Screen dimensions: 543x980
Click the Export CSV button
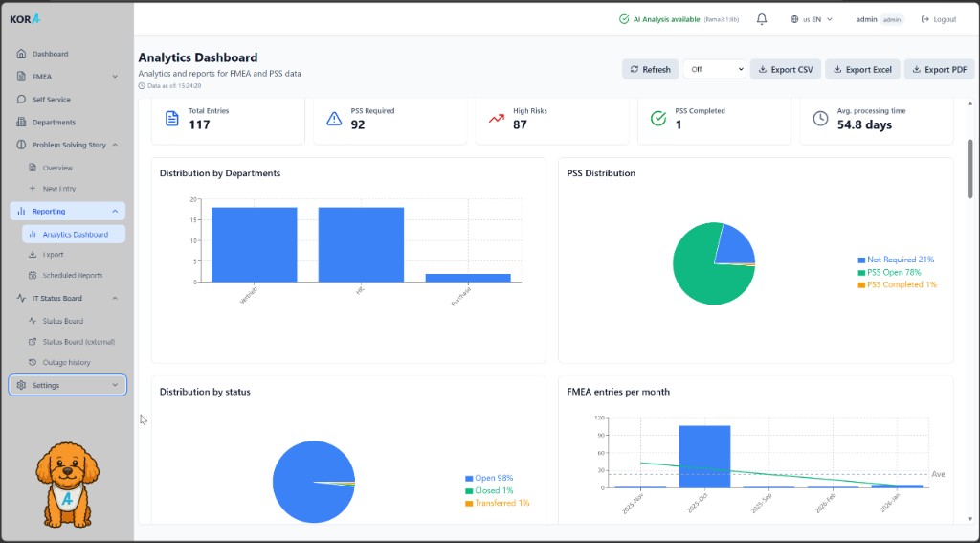[x=785, y=69]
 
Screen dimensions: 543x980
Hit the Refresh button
[x=650, y=69]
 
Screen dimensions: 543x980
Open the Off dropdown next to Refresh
[x=714, y=69]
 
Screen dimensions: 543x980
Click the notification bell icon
[x=762, y=19]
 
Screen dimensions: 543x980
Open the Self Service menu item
[x=51, y=100]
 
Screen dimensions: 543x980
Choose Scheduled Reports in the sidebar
[x=72, y=275]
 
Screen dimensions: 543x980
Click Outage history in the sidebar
[x=66, y=362]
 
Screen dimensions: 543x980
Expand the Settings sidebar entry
[x=67, y=385]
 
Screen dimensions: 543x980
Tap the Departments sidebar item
[x=54, y=123]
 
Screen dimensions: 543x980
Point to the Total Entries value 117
[x=199, y=124]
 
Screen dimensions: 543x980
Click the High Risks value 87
[x=520, y=124]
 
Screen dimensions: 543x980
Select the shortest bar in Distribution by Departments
[x=468, y=278]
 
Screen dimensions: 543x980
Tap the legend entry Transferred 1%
[x=501, y=503]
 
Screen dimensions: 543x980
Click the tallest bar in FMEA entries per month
[x=704, y=456]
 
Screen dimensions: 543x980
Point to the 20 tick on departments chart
[x=193, y=199]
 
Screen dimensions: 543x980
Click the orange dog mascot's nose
[x=68, y=476]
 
